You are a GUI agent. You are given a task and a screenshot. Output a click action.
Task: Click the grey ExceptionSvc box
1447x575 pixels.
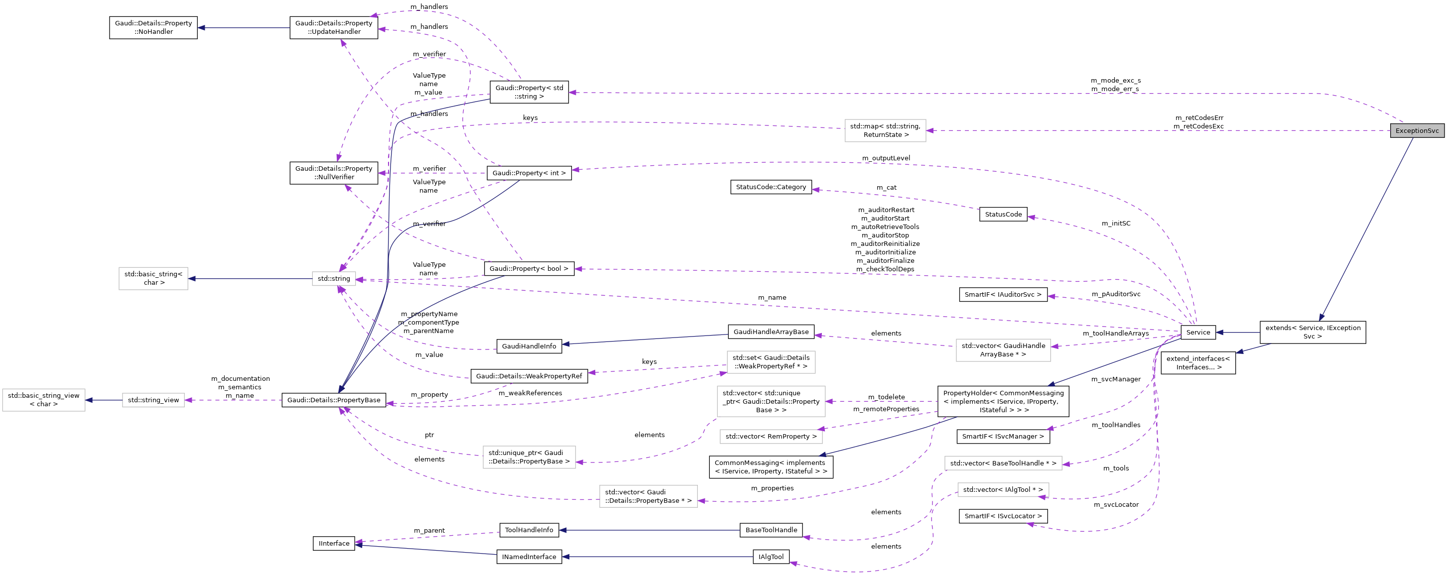tap(1417, 131)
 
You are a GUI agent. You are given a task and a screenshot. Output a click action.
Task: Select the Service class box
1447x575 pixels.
tap(1197, 333)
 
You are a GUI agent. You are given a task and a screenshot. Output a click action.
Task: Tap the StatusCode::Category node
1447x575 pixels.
tap(771, 187)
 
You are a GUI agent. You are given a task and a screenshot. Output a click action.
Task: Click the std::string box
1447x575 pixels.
tap(334, 278)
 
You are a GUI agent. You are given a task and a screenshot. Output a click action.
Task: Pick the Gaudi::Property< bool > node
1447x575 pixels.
tap(528, 268)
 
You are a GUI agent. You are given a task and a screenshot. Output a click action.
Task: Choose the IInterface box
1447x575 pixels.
tap(334, 544)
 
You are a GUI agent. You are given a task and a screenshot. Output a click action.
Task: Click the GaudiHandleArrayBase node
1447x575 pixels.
tap(771, 332)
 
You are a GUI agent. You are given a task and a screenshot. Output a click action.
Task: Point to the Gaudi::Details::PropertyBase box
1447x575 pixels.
tap(334, 400)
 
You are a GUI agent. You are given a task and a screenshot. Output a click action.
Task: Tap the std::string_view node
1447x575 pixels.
tap(153, 400)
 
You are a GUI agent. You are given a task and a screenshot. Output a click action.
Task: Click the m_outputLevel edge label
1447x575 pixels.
tap(886, 158)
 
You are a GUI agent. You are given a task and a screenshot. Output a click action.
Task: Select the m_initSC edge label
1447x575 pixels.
tap(1116, 224)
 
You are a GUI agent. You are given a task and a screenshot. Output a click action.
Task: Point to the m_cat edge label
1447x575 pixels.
tap(887, 188)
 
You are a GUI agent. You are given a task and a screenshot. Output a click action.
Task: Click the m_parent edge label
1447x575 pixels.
tap(429, 531)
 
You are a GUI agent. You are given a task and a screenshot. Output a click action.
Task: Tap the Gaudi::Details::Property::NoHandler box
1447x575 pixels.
tap(153, 27)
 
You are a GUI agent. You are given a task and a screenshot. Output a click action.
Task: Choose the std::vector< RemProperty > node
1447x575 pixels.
tap(771, 436)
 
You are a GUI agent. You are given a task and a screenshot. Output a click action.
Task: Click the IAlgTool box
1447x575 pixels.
tap(771, 557)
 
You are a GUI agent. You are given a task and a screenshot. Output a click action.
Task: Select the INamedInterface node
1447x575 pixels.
tap(528, 557)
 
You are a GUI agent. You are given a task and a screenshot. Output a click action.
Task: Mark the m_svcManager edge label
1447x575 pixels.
tap(1116, 379)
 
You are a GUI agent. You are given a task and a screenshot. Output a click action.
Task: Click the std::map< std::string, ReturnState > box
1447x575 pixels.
tap(885, 130)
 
